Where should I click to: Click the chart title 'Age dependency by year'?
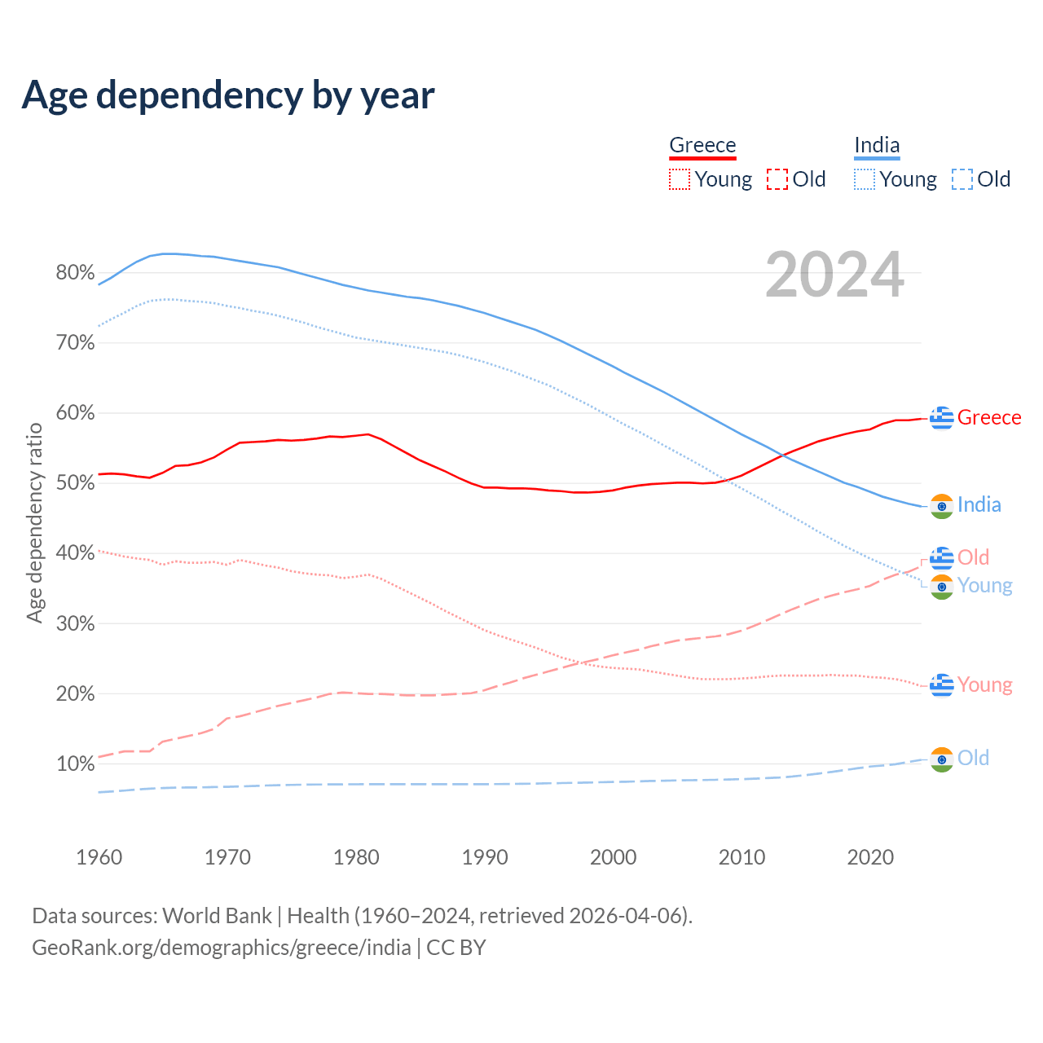pyautogui.click(x=228, y=95)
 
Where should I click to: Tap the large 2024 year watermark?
pyautogui.click(x=834, y=275)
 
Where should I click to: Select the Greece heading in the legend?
pyautogui.click(x=702, y=145)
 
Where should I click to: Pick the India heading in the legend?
pyautogui.click(x=877, y=145)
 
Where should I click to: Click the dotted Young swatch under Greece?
pyautogui.click(x=680, y=179)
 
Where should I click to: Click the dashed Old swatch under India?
pyautogui.click(x=962, y=179)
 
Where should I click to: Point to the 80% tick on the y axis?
pyautogui.click(x=75, y=273)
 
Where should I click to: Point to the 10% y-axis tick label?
pyautogui.click(x=75, y=764)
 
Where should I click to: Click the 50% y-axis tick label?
pyautogui.click(x=75, y=483)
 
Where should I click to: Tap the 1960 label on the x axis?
pyautogui.click(x=99, y=857)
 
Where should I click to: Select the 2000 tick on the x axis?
pyautogui.click(x=614, y=857)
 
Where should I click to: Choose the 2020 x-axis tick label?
pyautogui.click(x=870, y=857)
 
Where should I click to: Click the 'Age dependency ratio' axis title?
pyautogui.click(x=34, y=522)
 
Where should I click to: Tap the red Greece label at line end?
pyautogui.click(x=989, y=417)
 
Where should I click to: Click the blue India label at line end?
pyautogui.click(x=979, y=505)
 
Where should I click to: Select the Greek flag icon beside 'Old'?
pyautogui.click(x=942, y=558)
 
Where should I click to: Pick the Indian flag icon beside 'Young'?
pyautogui.click(x=942, y=587)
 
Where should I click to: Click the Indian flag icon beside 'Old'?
pyautogui.click(x=942, y=759)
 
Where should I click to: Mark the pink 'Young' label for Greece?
pyautogui.click(x=985, y=684)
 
